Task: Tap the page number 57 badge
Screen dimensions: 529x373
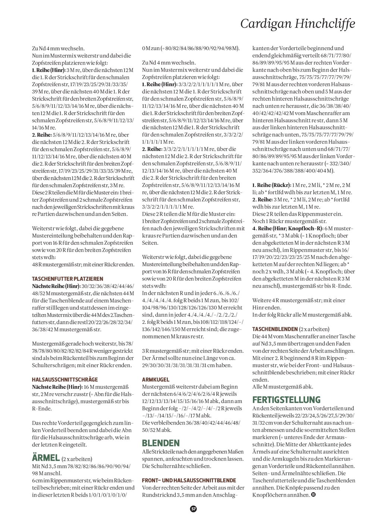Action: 193,508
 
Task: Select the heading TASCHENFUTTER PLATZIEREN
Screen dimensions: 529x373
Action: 68,279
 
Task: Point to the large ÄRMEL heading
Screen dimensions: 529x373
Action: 46,457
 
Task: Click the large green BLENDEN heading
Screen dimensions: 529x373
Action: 161,443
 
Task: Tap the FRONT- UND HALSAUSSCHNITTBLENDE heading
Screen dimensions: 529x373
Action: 189,480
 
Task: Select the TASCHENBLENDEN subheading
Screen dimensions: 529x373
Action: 275,329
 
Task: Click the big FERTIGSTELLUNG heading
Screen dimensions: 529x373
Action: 286,400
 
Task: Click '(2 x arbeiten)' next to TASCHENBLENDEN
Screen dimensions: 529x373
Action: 314,329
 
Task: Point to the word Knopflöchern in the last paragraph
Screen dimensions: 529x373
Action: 270,495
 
